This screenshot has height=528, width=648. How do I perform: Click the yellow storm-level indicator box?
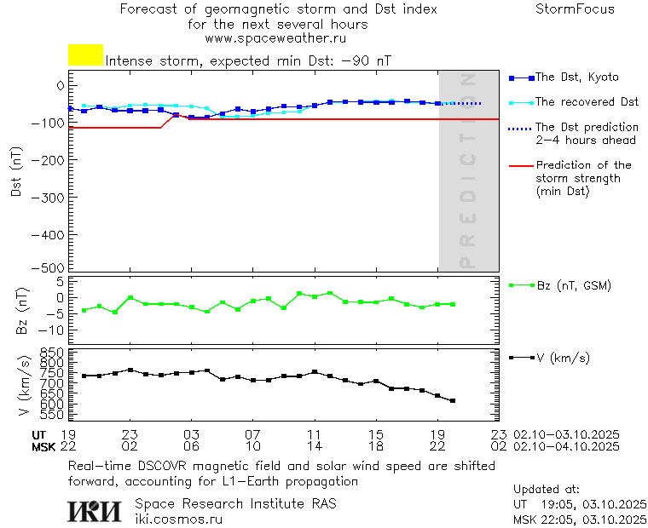tap(85, 55)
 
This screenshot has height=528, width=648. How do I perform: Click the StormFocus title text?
tap(575, 9)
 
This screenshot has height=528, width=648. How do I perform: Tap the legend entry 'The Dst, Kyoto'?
tap(576, 77)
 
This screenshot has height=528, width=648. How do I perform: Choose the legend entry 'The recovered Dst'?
tap(587, 102)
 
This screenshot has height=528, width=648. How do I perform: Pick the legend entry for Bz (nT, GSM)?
tap(573, 285)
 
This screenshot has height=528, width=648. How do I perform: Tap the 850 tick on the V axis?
tap(53, 353)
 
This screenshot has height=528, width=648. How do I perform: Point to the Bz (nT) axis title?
tap(23, 311)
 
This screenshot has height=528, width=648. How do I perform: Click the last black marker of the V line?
tap(453, 400)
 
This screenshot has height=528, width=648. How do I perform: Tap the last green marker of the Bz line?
tap(453, 304)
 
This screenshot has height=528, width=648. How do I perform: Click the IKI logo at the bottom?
tap(95, 511)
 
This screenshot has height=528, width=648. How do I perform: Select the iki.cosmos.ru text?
tap(178, 519)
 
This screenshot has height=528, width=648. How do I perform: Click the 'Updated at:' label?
tap(547, 490)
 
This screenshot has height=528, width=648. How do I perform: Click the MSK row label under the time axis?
tap(43, 446)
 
